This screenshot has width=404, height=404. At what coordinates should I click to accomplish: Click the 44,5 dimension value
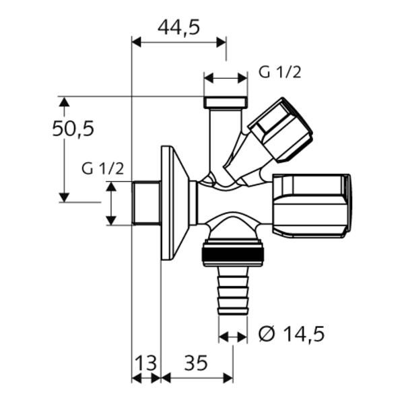coord(178,28)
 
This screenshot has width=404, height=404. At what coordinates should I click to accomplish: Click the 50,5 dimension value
coord(73,129)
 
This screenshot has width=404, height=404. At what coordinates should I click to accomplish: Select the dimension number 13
coord(145,363)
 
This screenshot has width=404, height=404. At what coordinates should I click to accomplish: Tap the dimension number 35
coord(196,363)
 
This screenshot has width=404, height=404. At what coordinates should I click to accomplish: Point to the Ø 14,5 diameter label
coord(292,334)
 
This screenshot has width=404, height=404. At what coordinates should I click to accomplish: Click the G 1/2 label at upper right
coord(280,73)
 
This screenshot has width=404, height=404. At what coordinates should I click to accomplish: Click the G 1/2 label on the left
coord(102,169)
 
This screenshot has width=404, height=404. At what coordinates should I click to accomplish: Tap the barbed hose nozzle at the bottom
coord(233,290)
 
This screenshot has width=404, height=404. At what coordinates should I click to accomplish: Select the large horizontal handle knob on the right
coord(312,205)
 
